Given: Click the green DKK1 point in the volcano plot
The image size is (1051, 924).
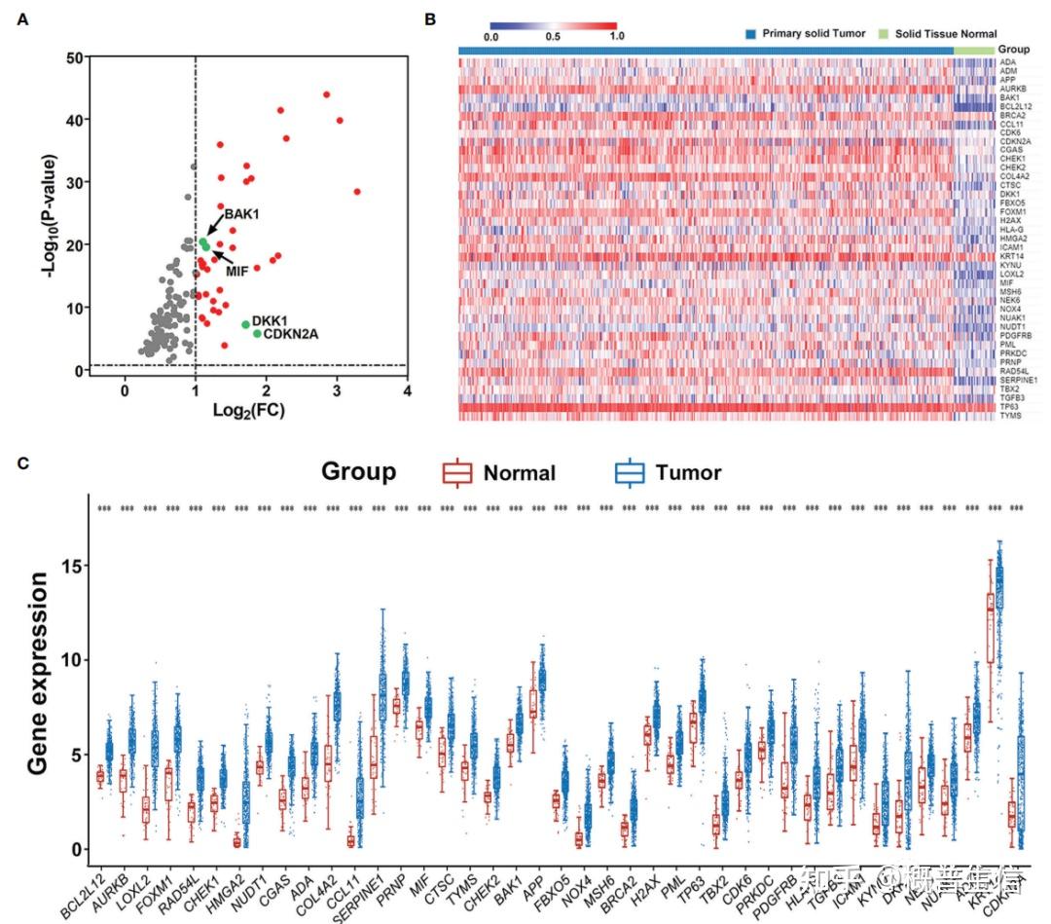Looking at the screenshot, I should click(x=245, y=324).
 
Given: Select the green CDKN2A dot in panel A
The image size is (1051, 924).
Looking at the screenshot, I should click(x=257, y=334).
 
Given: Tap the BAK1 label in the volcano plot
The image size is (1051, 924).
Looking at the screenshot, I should click(x=241, y=213).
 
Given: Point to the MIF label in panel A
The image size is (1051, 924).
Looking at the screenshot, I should click(x=237, y=271).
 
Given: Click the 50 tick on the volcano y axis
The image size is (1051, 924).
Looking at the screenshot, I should click(x=73, y=57).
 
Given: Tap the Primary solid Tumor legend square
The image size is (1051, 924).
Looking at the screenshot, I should click(x=750, y=34).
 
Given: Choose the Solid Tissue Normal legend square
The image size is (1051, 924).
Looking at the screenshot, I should click(x=886, y=34).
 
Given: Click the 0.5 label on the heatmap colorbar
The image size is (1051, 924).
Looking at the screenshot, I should click(x=553, y=37).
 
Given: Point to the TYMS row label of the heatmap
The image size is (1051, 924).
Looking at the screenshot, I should click(x=1009, y=416).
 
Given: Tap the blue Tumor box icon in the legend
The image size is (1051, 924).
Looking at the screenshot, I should click(x=631, y=473).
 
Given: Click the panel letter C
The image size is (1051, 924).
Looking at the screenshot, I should click(x=23, y=463).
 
